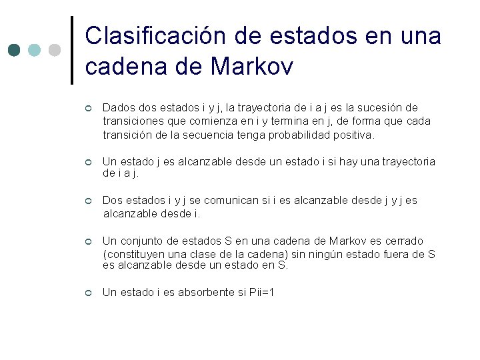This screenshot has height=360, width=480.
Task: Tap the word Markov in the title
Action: pos(251,67)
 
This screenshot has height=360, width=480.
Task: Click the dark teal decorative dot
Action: pos(15,50)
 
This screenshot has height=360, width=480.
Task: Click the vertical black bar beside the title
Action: pos(72,50)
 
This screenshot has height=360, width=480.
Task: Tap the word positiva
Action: pos(353,135)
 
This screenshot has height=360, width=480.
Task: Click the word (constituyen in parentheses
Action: pos(131,253)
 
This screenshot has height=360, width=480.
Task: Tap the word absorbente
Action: pos(202,293)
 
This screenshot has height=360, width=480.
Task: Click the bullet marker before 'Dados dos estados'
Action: pos(87,108)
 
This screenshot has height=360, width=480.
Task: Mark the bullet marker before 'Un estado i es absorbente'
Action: pos(87,293)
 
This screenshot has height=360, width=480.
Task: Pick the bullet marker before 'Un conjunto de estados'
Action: pos(87,241)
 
